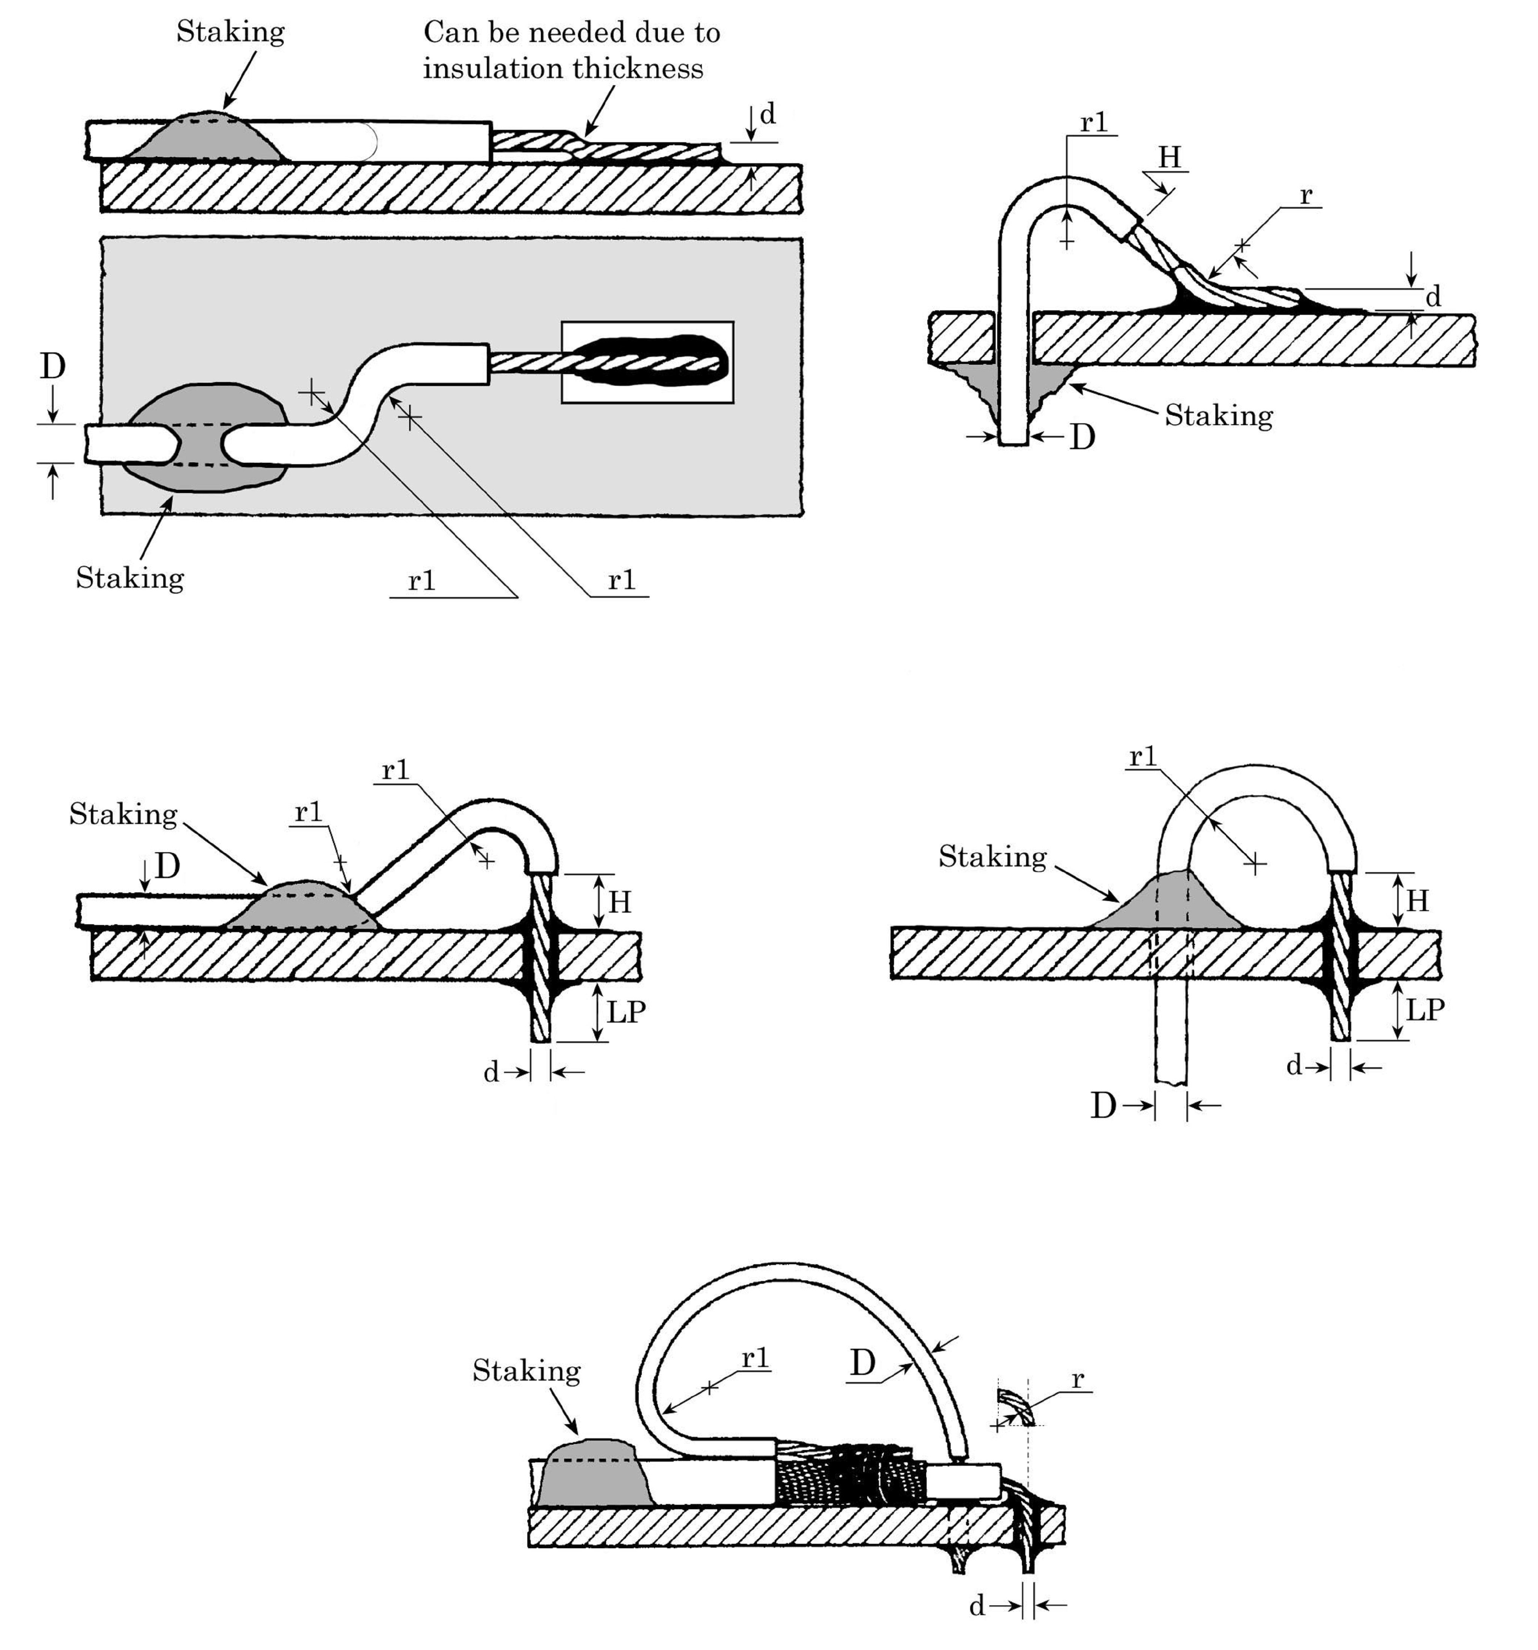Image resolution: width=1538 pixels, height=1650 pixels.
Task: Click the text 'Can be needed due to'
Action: [572, 32]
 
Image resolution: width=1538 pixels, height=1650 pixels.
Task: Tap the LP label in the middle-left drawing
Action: [626, 1012]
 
